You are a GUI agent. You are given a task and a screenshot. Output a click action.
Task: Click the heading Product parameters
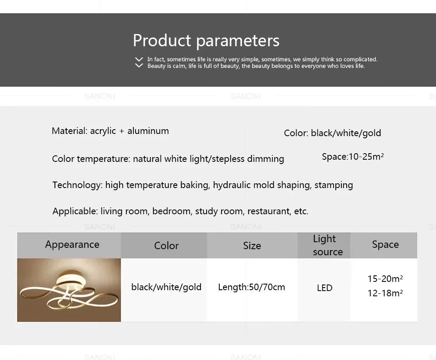coord(206,41)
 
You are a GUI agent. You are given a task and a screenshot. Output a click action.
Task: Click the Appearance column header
coord(72,244)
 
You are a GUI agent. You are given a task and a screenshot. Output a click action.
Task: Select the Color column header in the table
coord(166,246)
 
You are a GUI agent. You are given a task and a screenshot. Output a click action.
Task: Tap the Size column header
coord(252,246)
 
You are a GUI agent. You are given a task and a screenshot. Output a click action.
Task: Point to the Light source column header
coord(327,245)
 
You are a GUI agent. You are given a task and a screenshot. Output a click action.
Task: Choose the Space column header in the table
coord(385,244)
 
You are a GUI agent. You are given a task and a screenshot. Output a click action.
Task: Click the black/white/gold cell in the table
coord(166,287)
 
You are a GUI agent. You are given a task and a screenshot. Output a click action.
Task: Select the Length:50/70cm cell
coord(251,287)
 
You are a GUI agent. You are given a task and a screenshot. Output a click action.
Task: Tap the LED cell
coord(324,288)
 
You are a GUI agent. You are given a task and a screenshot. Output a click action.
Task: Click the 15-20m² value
coord(385,278)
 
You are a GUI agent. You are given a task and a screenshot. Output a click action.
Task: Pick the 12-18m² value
coord(385,293)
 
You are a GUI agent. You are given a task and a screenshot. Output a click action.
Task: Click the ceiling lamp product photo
coord(69,290)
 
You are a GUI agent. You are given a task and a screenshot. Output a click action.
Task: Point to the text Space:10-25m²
coord(352,157)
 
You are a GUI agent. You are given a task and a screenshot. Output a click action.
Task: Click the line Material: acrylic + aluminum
coord(110,131)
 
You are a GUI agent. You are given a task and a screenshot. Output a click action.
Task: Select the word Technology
coord(77,185)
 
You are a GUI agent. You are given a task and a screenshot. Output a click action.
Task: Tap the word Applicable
coord(75,211)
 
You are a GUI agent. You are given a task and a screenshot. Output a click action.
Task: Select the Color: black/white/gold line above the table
coord(332,133)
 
